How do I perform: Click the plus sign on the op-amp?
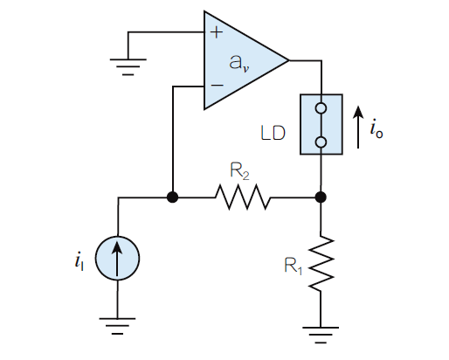pyautogui.click(x=217, y=32)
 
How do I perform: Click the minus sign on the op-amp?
pyautogui.click(x=217, y=85)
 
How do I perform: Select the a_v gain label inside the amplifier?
pyautogui.click(x=238, y=63)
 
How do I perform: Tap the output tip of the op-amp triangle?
pyautogui.click(x=289, y=60)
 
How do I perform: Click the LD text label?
pyautogui.click(x=273, y=134)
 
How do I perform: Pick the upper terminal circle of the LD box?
pyautogui.click(x=321, y=108)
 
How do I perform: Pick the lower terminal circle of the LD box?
pyautogui.click(x=321, y=142)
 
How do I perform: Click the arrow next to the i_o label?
pyautogui.click(x=358, y=127)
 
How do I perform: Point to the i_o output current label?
pyautogui.click(x=376, y=130)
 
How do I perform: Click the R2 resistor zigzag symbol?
pyautogui.click(x=243, y=197)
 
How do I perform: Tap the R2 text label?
pyautogui.click(x=239, y=171)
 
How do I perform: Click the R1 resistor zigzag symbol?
pyautogui.click(x=321, y=263)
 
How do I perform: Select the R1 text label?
pyautogui.click(x=294, y=266)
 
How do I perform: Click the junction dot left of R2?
pyautogui.click(x=172, y=197)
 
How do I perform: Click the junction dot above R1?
pyautogui.click(x=321, y=197)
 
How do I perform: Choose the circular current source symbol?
pyautogui.click(x=117, y=259)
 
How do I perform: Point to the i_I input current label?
pyautogui.click(x=79, y=260)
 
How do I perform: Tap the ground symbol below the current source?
pyautogui.click(x=117, y=326)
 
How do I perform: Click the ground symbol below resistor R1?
pyautogui.click(x=321, y=336)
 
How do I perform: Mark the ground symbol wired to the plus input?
pyautogui.click(x=128, y=67)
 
